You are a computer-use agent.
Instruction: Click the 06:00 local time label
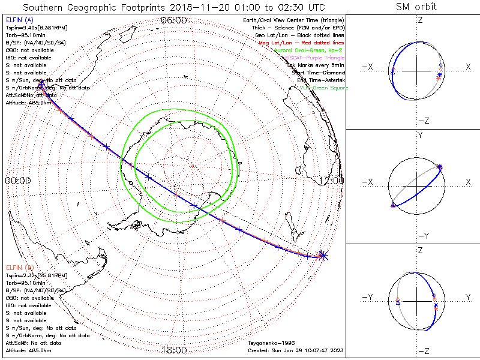coord(173,20)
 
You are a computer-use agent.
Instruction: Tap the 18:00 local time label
coord(174,350)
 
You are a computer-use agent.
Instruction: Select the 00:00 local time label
coord(18,180)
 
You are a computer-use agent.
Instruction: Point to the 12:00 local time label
coord(332,180)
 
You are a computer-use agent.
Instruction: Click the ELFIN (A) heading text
coord(19,20)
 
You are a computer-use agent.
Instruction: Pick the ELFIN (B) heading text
coord(19,267)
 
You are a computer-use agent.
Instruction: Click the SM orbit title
coord(416,7)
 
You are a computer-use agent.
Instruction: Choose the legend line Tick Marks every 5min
coord(314,65)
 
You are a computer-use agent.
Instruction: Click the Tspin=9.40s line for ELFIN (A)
coord(36,28)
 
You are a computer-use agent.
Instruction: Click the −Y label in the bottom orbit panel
coord(368,297)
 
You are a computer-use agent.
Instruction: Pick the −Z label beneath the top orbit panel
coord(423,121)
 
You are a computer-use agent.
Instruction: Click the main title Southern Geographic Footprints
coord(173,8)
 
